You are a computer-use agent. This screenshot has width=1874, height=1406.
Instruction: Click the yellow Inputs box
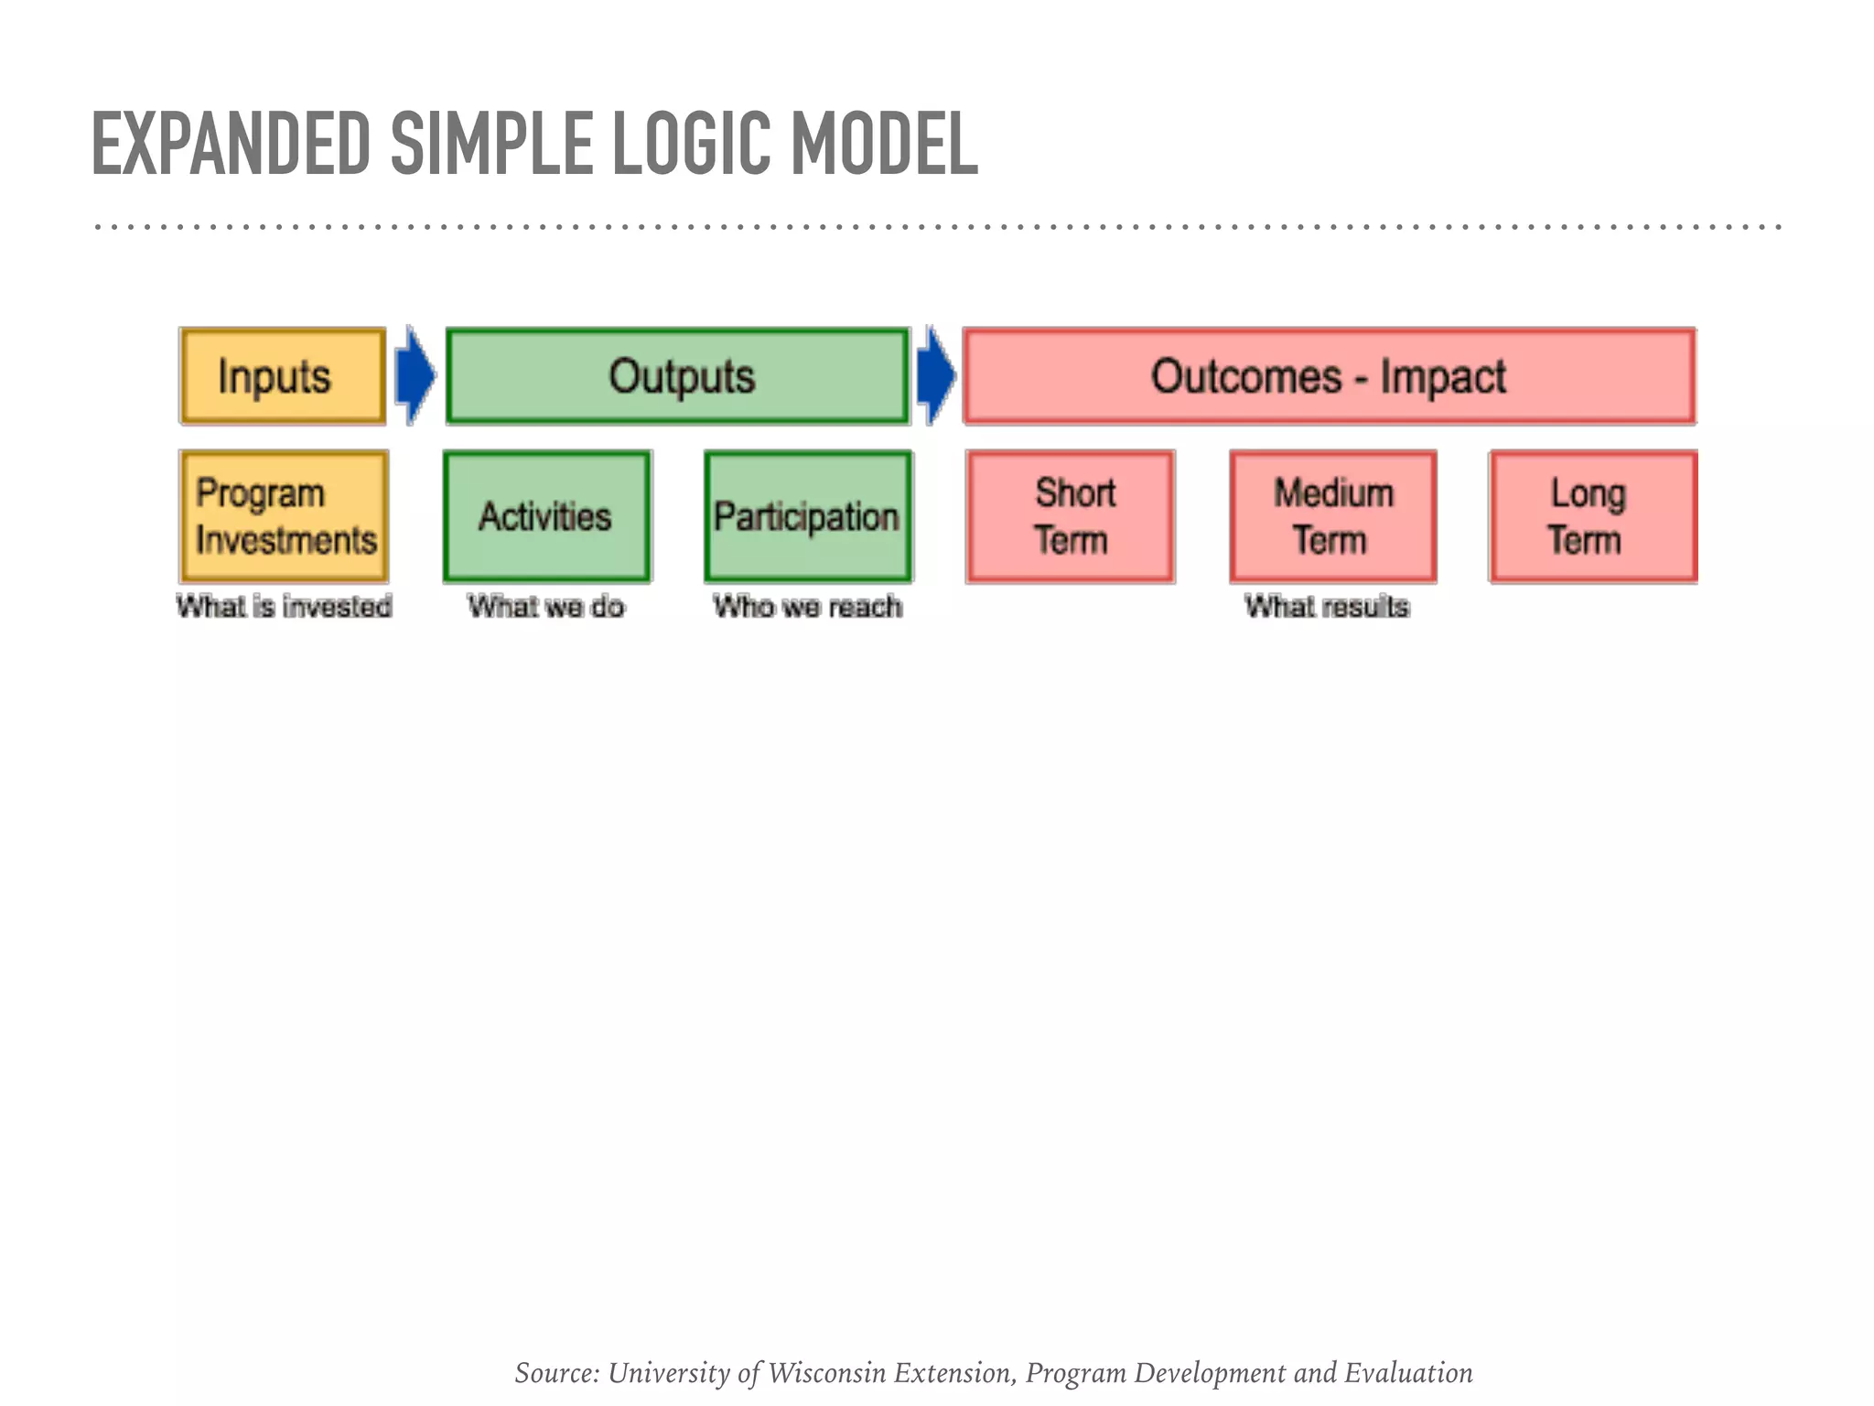coord(283,376)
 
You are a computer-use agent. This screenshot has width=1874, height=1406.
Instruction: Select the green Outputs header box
coord(678,376)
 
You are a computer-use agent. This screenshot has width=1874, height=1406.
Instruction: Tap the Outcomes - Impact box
coord(1329,376)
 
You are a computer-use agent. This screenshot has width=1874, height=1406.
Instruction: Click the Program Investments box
coord(284,516)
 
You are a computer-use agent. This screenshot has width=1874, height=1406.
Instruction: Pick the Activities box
coord(546,516)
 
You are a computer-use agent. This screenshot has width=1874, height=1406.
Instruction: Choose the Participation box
coord(807,516)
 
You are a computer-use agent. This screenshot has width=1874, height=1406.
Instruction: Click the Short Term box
coord(1070,516)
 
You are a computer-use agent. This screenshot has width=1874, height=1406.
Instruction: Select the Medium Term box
coord(1332,516)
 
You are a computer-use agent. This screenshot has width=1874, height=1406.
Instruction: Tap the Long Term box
coord(1592,516)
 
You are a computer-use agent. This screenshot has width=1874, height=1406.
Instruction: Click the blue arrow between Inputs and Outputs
coord(415,375)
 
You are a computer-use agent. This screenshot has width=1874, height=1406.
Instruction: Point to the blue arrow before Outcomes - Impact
coord(935,375)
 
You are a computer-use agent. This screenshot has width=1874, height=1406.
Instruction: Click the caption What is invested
coord(284,606)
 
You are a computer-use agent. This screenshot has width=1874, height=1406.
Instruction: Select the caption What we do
coord(546,606)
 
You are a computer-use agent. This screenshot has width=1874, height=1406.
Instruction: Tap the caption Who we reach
coord(807,606)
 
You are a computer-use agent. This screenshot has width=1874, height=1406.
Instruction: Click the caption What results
coord(1326,606)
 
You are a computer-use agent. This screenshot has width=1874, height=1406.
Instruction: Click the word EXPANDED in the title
coord(231,144)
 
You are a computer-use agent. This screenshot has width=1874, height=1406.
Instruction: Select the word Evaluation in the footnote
coord(1408,1372)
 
